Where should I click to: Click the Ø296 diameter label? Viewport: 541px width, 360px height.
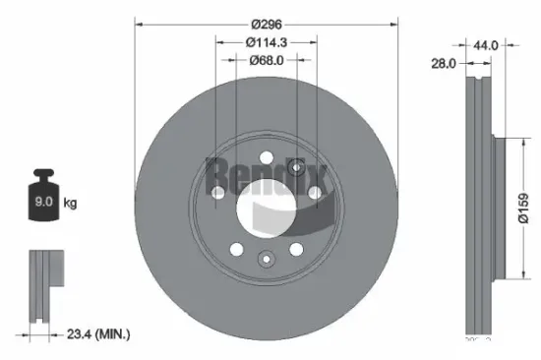268,23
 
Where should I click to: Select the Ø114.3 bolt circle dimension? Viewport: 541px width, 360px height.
268,42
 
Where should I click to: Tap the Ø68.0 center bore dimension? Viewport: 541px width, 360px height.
268,61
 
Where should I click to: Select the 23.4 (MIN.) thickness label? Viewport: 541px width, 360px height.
95,335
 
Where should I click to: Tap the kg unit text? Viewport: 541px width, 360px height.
70,204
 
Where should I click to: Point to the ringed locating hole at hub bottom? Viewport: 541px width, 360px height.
266,260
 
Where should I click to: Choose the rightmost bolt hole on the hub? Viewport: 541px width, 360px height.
315,193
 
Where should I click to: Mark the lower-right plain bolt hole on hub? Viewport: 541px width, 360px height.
296,248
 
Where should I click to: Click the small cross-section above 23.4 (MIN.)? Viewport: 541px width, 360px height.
43,285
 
